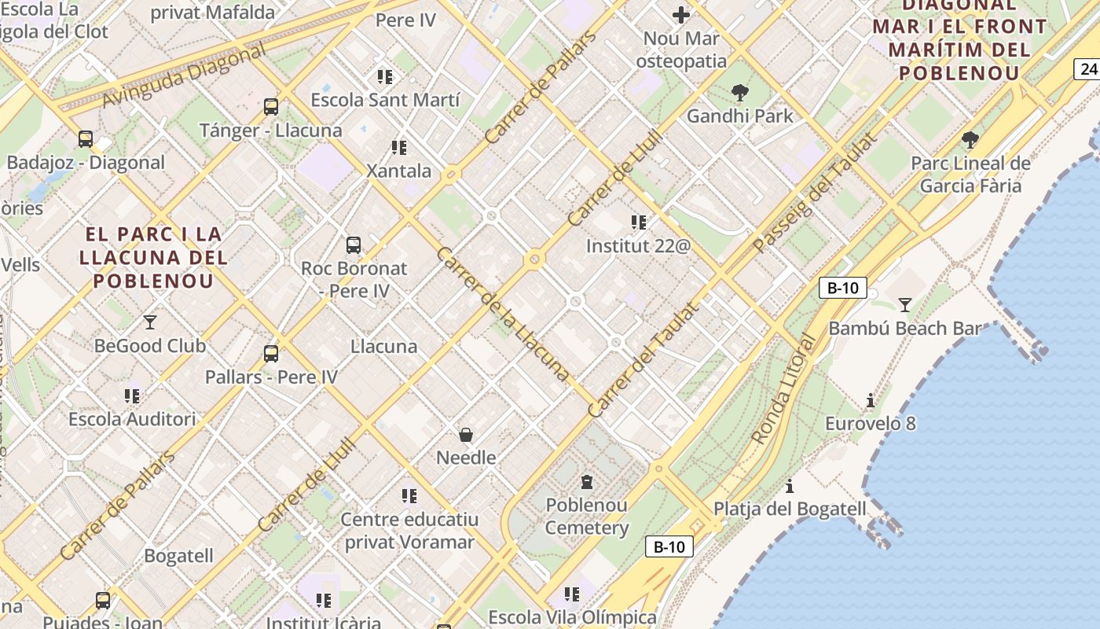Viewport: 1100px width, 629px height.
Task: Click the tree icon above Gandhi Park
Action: tap(739, 93)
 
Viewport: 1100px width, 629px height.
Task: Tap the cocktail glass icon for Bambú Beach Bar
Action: tap(904, 304)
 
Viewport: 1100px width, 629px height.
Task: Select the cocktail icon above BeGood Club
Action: tap(149, 322)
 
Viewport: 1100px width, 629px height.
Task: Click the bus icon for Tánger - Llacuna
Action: tap(271, 106)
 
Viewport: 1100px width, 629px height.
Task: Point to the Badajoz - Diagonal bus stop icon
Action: tap(86, 139)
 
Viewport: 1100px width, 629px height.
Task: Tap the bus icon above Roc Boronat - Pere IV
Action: tap(354, 245)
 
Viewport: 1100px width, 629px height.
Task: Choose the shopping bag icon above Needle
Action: tap(466, 434)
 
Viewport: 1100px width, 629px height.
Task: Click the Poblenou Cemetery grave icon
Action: tap(586, 481)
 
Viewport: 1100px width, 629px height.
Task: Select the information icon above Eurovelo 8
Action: tap(870, 400)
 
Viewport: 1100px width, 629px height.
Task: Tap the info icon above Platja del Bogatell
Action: tap(790, 486)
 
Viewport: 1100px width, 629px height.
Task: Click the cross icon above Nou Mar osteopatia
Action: tap(681, 14)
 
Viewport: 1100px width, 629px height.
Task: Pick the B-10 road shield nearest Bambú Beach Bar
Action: tap(843, 288)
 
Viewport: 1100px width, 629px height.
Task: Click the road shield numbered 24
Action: tap(1087, 69)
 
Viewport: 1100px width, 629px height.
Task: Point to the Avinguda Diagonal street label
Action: tap(184, 77)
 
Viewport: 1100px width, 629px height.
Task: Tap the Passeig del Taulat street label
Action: tap(814, 193)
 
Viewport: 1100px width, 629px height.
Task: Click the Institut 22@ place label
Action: tap(638, 246)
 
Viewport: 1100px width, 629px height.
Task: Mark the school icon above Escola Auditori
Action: tap(131, 395)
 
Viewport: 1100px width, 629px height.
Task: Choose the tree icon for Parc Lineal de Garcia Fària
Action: tap(970, 140)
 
